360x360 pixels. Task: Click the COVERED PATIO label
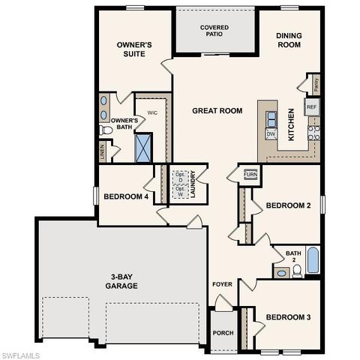pos(214,31)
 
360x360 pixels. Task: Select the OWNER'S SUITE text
pos(135,49)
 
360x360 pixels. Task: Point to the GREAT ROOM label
pos(217,111)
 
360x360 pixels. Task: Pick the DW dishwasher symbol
pos(271,133)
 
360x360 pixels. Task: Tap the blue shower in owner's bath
pos(144,147)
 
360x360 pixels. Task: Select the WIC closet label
pos(151,113)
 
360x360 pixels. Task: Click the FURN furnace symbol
pos(250,175)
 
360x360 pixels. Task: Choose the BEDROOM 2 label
pos(289,205)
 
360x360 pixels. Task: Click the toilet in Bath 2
pos(297,271)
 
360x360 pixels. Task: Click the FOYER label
pos(222,285)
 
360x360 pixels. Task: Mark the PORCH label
pos(223,333)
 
